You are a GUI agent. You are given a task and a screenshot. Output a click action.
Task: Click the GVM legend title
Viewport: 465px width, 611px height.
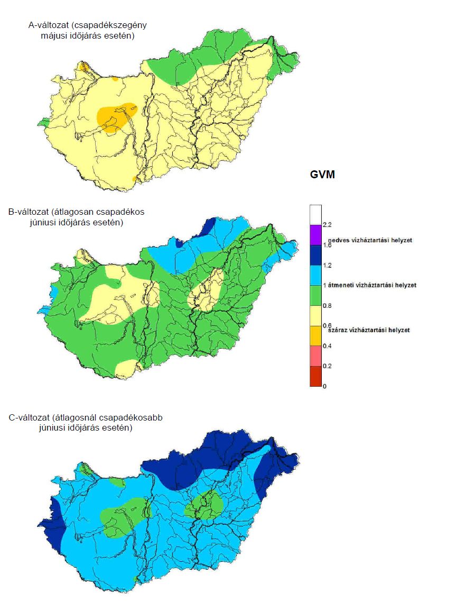pos(322,175)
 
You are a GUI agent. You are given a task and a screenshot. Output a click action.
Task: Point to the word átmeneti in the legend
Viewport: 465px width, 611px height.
pos(343,285)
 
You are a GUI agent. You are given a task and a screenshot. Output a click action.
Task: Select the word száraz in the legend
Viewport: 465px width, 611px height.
pos(339,330)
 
